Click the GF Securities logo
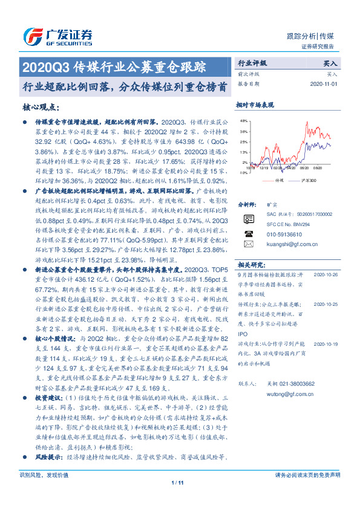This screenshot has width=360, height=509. [57, 36]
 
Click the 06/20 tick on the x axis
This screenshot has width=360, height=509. [304, 170]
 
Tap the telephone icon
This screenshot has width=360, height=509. [248, 233]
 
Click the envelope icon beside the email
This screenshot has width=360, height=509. [248, 244]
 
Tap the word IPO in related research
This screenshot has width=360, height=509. [242, 334]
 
